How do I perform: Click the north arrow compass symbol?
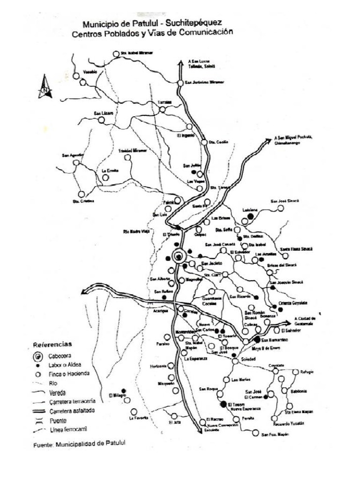coord(45,86)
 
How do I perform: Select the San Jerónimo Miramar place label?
coord(205,83)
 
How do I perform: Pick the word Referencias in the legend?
coord(53,344)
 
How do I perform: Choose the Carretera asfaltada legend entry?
coord(71,411)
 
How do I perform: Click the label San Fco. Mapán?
coord(275,435)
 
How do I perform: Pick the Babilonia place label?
coord(299,391)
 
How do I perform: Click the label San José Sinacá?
coord(284,201)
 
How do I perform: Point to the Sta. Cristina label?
coord(83,201)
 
